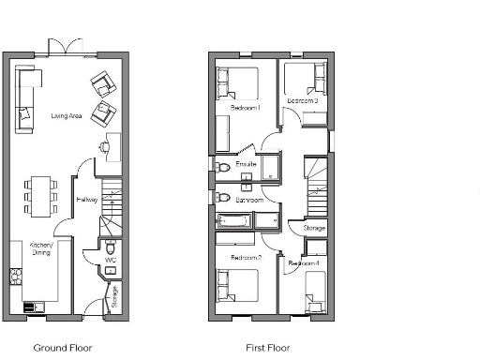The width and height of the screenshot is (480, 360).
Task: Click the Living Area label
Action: click(67, 116)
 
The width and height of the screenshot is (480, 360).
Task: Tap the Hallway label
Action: click(86, 200)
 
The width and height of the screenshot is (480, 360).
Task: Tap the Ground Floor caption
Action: click(63, 348)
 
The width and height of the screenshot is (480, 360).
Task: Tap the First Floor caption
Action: click(268, 348)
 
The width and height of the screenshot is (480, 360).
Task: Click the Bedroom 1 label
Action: click(246, 109)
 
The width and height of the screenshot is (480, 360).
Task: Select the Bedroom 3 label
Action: click(302, 100)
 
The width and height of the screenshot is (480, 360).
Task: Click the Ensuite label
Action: click(247, 165)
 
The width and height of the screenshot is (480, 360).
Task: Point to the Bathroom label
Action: click(248, 200)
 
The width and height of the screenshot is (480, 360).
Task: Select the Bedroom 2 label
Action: click(245, 257)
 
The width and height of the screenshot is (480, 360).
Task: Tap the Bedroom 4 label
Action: click(304, 264)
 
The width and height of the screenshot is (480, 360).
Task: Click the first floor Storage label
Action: click(314, 228)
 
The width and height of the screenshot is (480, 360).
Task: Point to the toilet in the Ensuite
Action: click(222, 168)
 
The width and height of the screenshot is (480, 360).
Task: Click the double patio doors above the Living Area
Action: click(58, 47)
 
